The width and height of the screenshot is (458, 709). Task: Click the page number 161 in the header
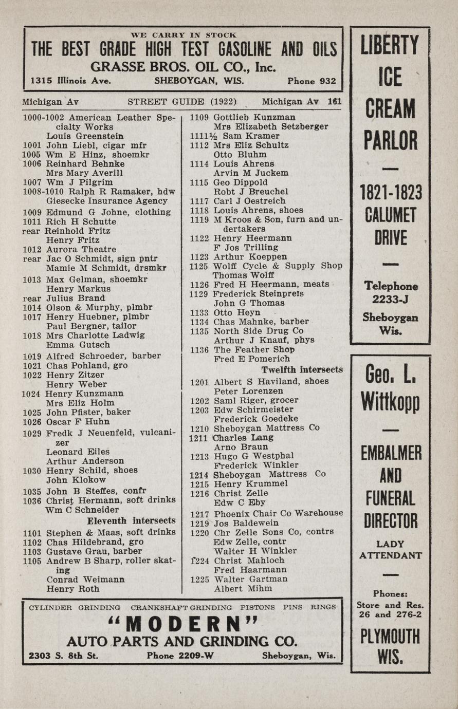point(335,102)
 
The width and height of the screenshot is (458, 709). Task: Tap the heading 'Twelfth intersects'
point(302,370)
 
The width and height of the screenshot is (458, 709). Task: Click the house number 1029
point(32,434)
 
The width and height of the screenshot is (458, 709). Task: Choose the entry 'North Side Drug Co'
point(258,331)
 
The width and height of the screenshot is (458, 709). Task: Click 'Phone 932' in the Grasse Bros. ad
point(312,81)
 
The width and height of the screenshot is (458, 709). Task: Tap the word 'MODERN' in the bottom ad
point(184,624)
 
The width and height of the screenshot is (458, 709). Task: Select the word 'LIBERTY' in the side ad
point(390,46)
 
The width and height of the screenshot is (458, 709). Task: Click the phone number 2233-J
point(390,299)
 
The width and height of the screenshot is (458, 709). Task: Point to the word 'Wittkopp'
point(390,401)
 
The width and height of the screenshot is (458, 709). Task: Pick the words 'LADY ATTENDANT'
point(390,549)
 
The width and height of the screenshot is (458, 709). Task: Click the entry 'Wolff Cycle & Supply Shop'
point(278,266)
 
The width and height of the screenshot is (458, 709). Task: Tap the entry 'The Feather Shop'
point(254,350)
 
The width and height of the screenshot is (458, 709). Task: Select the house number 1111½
point(198,136)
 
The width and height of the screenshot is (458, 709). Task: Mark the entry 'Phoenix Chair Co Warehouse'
point(278,513)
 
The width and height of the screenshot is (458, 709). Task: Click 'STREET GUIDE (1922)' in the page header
point(182,102)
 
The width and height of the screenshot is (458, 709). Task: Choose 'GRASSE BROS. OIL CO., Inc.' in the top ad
point(183,67)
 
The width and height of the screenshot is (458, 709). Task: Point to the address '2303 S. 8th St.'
point(64,656)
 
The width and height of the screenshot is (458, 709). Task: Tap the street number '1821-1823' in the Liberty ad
point(390,193)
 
